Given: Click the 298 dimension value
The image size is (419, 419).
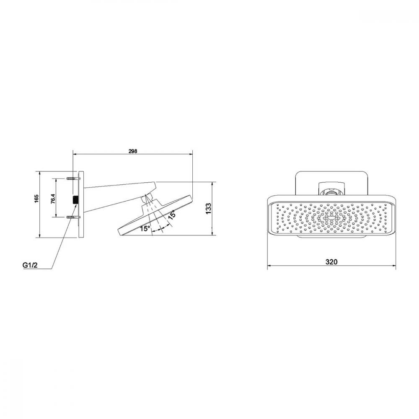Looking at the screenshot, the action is point(133,151).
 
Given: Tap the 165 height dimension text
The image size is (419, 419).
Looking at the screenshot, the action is point(36,199).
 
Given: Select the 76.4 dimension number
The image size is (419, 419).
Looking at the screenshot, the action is point(53,199).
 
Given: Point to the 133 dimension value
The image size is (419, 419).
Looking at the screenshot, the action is point(208,208).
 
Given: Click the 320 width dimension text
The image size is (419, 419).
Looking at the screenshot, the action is point(331,262).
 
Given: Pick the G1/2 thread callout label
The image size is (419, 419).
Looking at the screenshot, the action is point(30,265).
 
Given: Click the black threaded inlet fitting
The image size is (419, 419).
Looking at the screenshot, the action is point(75,200).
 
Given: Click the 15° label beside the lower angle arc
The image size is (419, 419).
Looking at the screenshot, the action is point(145,228).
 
